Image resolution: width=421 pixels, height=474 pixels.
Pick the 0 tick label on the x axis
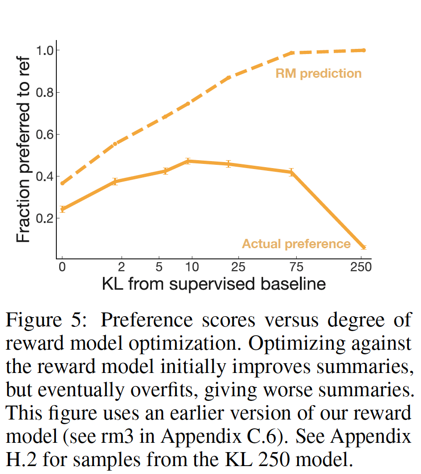(x=61, y=267)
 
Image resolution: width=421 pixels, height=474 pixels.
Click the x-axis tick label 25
(x=238, y=267)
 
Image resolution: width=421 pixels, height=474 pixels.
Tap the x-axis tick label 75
(x=296, y=267)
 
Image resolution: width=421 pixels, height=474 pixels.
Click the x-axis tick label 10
(x=192, y=267)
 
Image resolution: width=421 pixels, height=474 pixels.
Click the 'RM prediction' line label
(x=319, y=74)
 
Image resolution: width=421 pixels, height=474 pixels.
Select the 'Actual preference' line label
(x=296, y=244)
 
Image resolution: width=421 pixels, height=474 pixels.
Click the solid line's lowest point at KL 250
(x=364, y=247)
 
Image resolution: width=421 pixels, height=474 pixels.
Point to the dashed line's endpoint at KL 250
(x=364, y=50)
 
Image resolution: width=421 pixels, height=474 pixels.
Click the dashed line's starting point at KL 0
(x=62, y=183)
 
